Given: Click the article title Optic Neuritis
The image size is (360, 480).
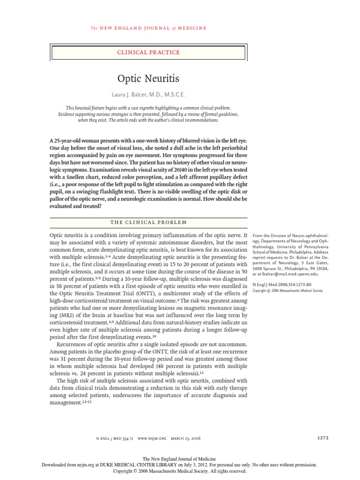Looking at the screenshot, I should click(148, 78).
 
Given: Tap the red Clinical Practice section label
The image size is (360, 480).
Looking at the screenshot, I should click(148, 52).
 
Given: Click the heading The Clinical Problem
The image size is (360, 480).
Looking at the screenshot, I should click(148, 222).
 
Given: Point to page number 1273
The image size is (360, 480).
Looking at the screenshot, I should click(323, 437).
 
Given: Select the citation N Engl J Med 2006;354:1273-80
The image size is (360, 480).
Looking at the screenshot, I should click(282, 285).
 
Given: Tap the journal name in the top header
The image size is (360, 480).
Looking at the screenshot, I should click(148, 29).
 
